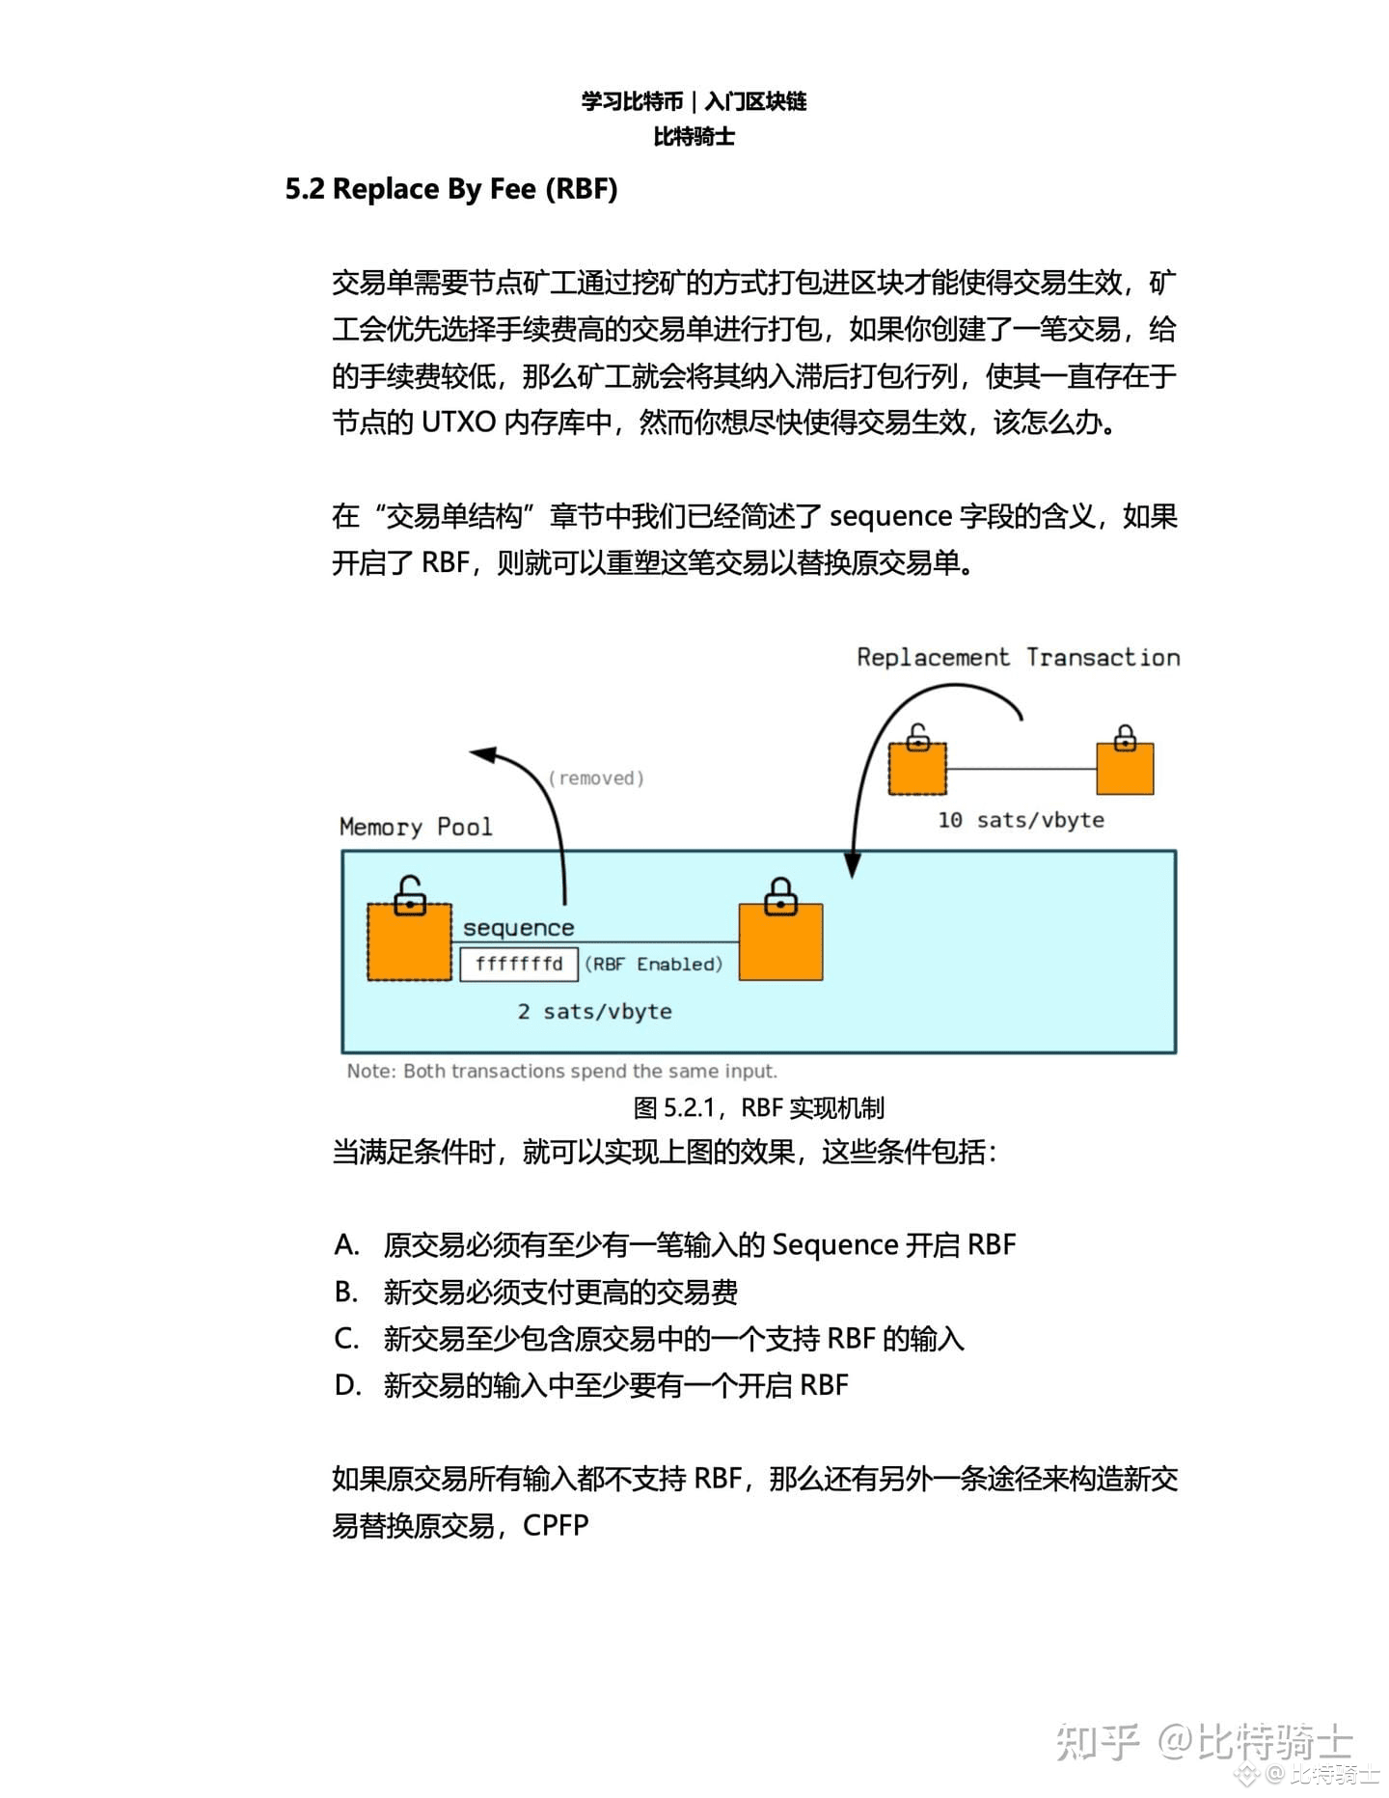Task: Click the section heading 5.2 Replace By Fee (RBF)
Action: click(451, 189)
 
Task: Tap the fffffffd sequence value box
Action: click(519, 964)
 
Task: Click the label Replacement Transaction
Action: click(1019, 657)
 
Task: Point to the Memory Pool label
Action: click(416, 827)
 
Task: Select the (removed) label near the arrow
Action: click(596, 777)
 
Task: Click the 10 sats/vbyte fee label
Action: click(1021, 820)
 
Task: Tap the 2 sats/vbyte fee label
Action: click(594, 1011)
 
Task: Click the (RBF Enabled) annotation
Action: click(654, 964)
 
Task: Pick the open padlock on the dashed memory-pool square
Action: click(410, 895)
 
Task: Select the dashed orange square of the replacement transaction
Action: click(917, 768)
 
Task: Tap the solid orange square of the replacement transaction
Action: click(1125, 768)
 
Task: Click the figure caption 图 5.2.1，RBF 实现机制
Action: click(759, 1107)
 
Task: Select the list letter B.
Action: click(345, 1291)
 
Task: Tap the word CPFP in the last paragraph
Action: click(556, 1525)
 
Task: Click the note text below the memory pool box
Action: click(562, 1071)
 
